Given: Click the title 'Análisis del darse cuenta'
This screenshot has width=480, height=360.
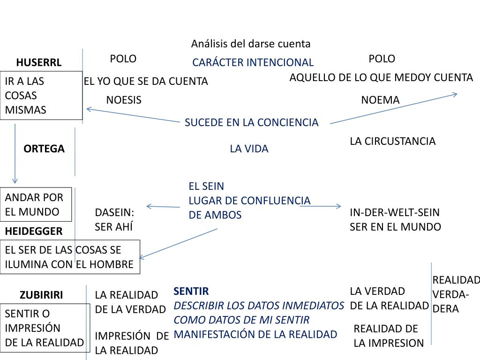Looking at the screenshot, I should click(x=251, y=44).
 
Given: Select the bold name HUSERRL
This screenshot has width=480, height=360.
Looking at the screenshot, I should click(x=38, y=62).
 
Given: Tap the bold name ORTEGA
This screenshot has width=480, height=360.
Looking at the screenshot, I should click(x=44, y=149).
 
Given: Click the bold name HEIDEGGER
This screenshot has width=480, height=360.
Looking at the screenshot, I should click(x=34, y=231).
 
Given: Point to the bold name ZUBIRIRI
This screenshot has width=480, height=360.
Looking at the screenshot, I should click(x=41, y=295).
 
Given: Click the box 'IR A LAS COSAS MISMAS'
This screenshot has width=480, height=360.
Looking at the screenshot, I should click(x=41, y=96).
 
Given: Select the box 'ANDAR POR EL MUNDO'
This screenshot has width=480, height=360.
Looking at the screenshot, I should click(x=36, y=205).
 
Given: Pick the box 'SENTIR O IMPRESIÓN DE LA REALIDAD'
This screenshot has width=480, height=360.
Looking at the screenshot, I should click(x=45, y=328).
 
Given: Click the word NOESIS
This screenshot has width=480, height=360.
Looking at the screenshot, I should click(x=124, y=100).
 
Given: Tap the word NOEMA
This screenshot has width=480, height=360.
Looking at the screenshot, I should click(x=380, y=100).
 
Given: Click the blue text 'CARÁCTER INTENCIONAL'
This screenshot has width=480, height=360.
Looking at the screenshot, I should click(x=253, y=62).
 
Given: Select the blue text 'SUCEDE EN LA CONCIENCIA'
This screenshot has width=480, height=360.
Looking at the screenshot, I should click(x=251, y=122).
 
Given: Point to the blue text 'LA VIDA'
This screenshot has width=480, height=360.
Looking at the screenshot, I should click(x=249, y=149).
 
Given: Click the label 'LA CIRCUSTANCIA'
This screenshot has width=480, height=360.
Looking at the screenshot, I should click(x=393, y=141).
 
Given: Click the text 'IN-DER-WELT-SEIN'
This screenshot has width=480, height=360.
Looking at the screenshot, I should click(x=395, y=212).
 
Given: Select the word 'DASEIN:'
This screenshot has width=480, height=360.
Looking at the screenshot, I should click(x=114, y=212).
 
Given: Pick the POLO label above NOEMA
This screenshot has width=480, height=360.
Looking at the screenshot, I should click(x=382, y=59).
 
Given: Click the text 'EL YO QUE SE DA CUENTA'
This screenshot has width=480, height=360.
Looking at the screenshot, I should click(x=146, y=81).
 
